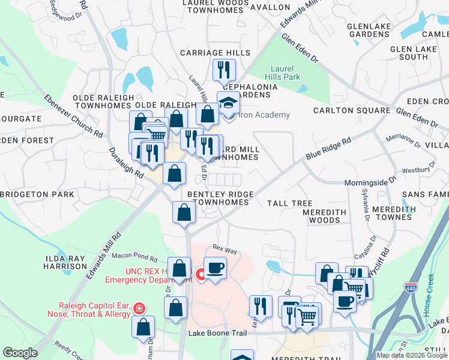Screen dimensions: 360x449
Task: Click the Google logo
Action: pos(20,352)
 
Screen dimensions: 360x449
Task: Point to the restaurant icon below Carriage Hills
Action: pos(224,70)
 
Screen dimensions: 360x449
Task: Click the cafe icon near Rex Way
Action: pos(215,268)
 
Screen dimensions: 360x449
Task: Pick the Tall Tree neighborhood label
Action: pos(289,203)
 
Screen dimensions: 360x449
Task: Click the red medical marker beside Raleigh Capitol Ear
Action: pos(139,308)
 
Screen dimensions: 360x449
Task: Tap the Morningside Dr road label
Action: pos(371,182)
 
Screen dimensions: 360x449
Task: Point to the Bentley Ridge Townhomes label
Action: pos(217,198)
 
